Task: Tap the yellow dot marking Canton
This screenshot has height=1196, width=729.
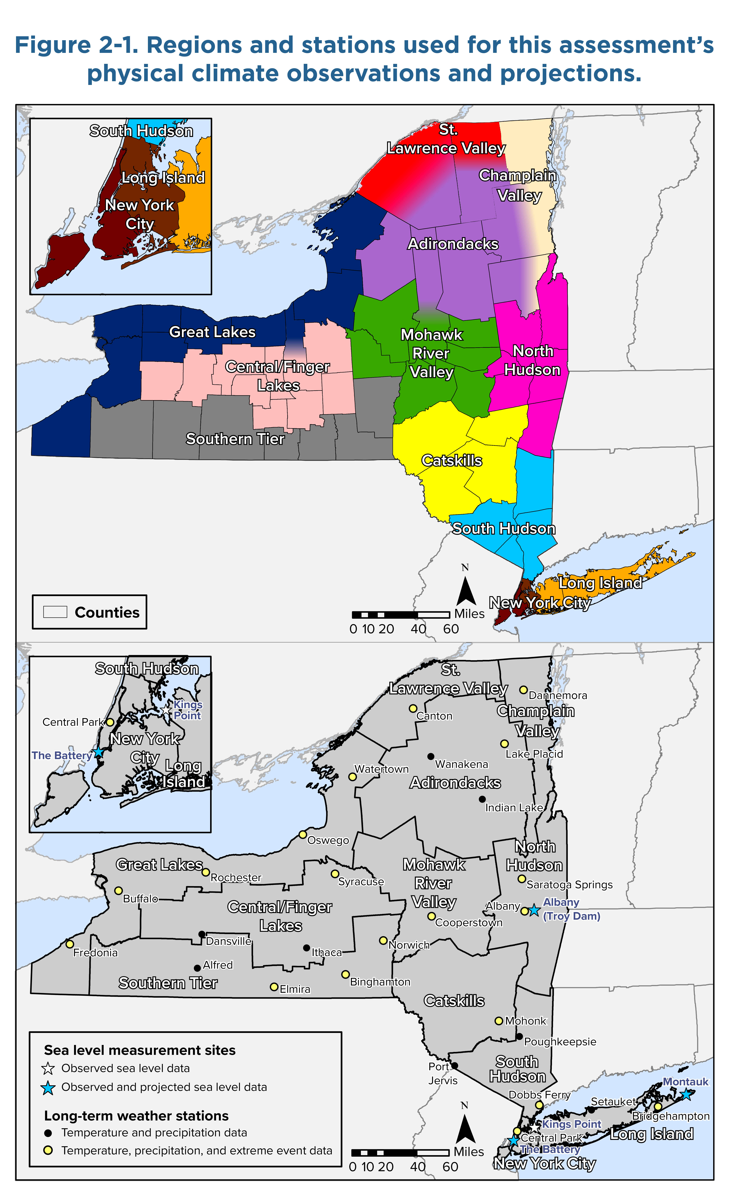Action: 413,708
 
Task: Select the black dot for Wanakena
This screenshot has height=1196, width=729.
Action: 430,756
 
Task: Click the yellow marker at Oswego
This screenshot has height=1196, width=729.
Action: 302,834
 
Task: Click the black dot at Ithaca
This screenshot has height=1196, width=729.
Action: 306,947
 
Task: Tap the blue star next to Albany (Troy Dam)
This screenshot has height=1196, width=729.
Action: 534,911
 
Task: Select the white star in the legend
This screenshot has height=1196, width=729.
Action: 48,1068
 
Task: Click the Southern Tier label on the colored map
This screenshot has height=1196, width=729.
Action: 235,439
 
